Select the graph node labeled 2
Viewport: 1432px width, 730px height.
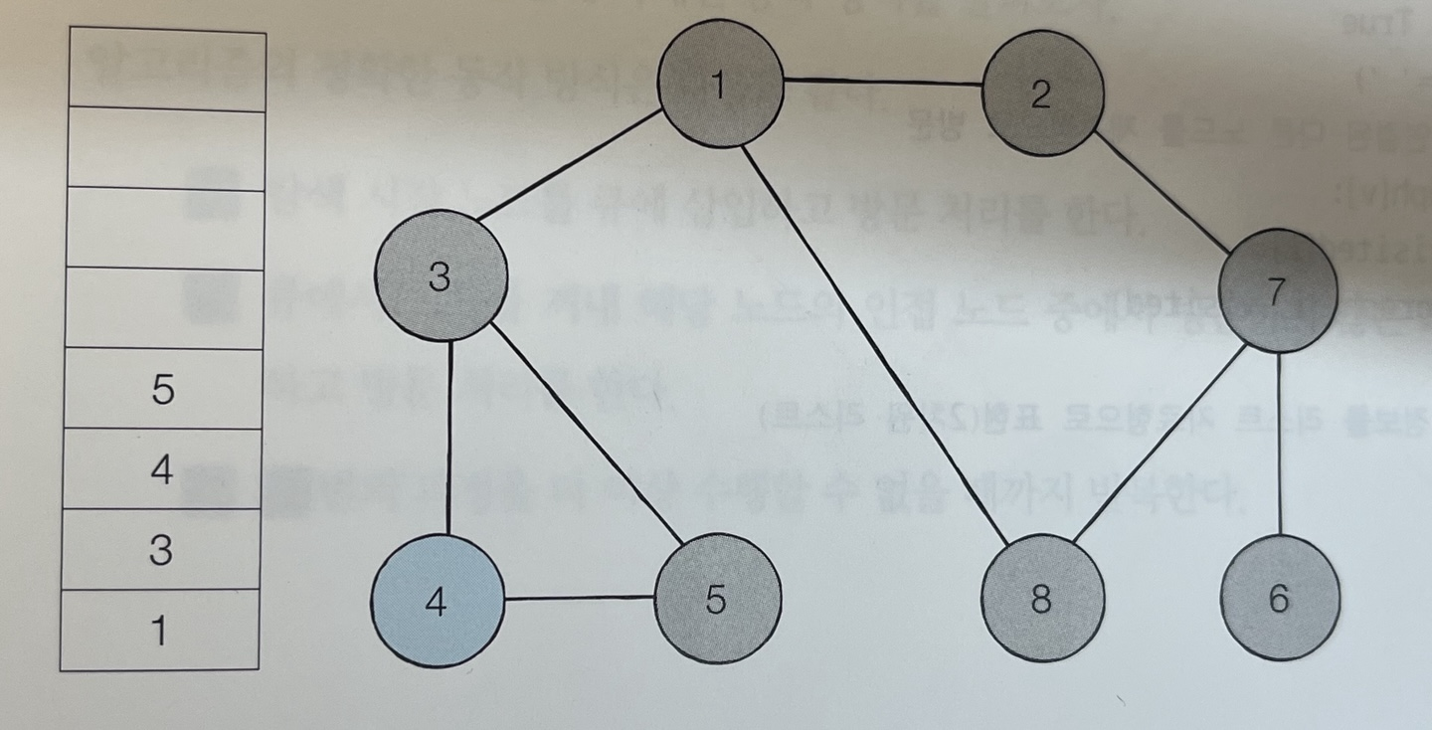(x=1042, y=93)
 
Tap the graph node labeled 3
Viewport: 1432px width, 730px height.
(x=441, y=277)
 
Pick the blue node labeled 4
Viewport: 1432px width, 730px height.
(x=437, y=600)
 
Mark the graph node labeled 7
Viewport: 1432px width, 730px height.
(x=1277, y=289)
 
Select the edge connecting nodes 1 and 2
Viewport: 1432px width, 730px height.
(x=883, y=83)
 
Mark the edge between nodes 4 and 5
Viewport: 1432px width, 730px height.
(x=579, y=598)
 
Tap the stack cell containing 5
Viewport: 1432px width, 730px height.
(x=163, y=389)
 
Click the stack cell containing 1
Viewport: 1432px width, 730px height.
(x=160, y=631)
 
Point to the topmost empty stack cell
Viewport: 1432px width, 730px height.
(x=167, y=70)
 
